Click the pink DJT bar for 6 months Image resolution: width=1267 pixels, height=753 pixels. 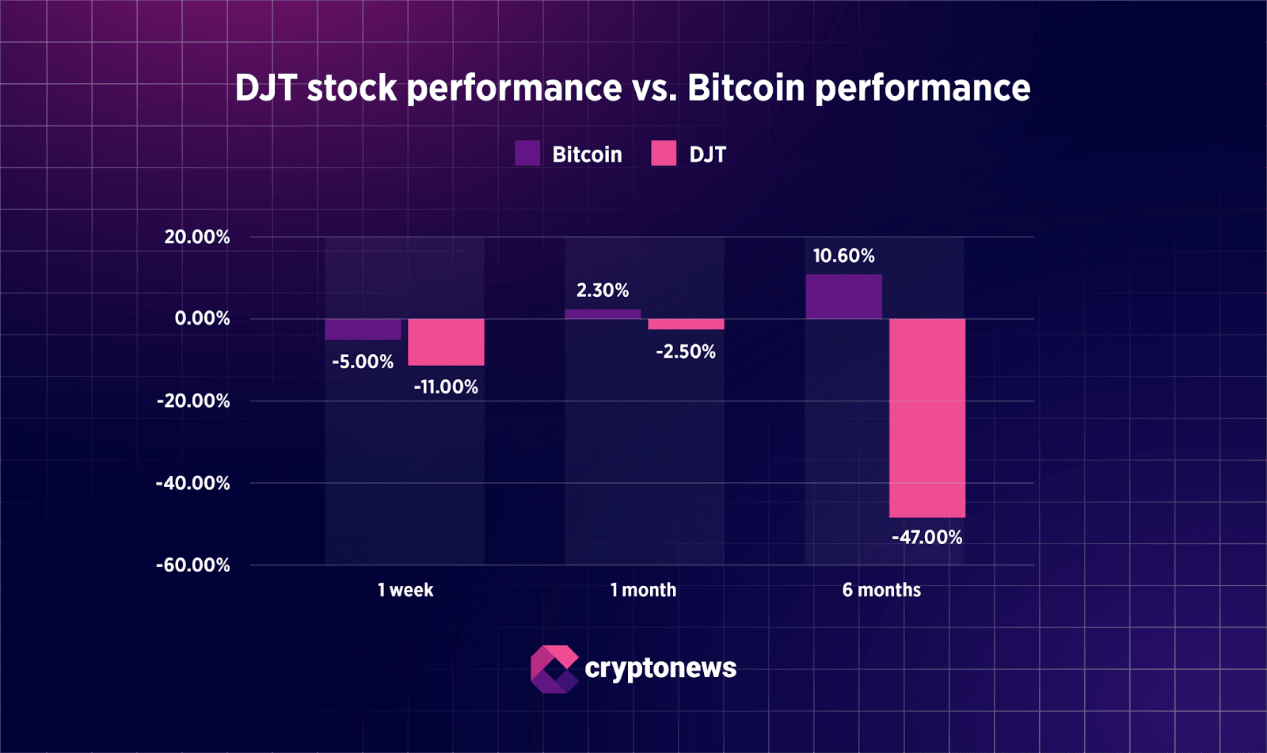point(926,418)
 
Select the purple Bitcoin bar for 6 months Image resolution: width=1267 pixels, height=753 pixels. point(843,297)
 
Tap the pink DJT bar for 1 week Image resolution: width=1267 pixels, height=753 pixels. point(446,342)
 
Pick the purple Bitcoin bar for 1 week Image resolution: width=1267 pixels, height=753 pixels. point(363,329)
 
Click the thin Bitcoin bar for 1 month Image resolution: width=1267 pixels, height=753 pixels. point(603,314)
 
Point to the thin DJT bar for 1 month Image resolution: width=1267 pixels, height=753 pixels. point(686,324)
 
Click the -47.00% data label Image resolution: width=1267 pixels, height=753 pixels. point(926,538)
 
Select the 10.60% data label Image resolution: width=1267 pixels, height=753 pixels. point(843,256)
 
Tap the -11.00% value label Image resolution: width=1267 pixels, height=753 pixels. point(446,387)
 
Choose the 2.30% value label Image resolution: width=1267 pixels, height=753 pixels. point(603,291)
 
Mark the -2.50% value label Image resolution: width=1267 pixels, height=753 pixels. point(686,352)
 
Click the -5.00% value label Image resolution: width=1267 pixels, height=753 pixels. point(363,362)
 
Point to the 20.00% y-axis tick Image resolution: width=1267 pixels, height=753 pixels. point(197,237)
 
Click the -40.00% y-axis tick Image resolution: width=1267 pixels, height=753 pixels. point(193,483)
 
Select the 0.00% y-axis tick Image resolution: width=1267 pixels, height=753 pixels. point(202,318)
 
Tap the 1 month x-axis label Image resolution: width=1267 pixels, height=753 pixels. point(643,590)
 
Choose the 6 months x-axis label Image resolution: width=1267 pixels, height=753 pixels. point(881,590)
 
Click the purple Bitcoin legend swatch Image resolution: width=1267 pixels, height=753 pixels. point(527,154)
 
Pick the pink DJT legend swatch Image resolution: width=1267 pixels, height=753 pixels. point(664,154)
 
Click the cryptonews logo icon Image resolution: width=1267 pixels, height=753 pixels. point(554,669)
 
